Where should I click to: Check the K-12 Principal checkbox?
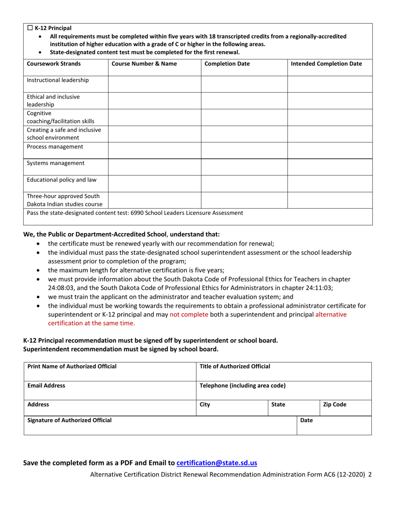click(30, 28)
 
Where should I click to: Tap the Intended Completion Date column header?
click(326, 64)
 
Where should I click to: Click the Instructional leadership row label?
click(56, 80)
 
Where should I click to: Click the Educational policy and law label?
click(59, 180)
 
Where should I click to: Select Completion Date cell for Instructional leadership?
click(244, 84)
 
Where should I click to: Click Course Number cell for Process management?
click(154, 150)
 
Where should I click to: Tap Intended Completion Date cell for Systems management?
click(329, 167)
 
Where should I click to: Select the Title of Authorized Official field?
click(284, 370)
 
